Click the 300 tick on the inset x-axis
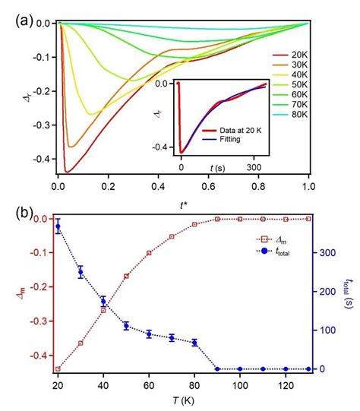tap(253, 164)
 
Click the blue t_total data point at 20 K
tap(58, 226)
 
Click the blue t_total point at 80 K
tap(194, 343)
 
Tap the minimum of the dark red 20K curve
tap(67, 172)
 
